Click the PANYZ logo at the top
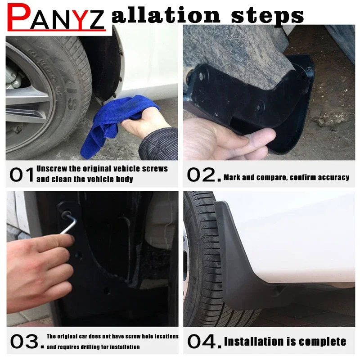click(x=56, y=17)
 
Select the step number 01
click(x=22, y=175)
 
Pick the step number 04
click(x=202, y=342)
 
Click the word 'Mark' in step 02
click(x=232, y=177)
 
